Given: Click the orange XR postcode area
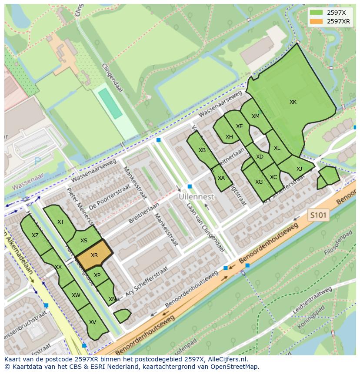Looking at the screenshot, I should click(x=94, y=255).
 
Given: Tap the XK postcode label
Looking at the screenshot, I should click(x=293, y=102).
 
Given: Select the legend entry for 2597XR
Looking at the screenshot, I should click(x=338, y=21).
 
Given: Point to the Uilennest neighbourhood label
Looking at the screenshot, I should click(x=197, y=197).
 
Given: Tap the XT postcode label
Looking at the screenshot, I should click(x=60, y=222).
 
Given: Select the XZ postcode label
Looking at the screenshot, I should click(x=35, y=235).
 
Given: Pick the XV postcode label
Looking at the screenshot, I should click(x=92, y=322).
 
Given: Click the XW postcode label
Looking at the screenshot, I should click(x=76, y=295).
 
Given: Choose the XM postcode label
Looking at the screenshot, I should click(x=255, y=116).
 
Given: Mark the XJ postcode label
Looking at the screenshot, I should click(x=299, y=169).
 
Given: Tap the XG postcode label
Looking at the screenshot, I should click(x=259, y=182).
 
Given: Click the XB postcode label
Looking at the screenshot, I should click(x=202, y=150).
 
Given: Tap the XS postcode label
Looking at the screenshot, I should click(x=84, y=241).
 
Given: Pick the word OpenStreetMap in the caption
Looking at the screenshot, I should click(x=237, y=367).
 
